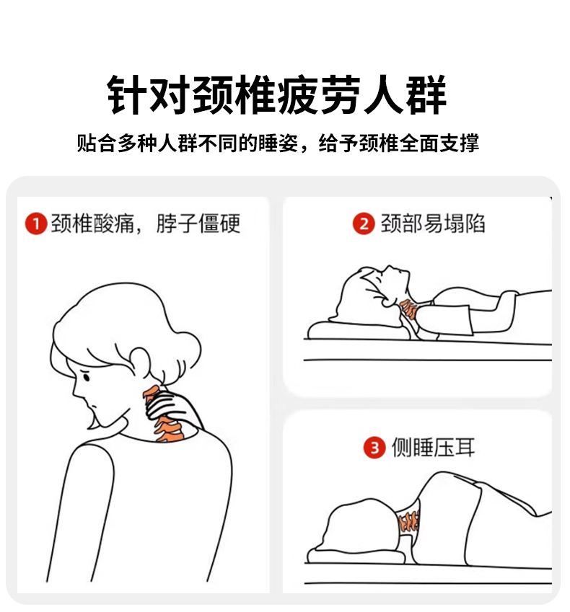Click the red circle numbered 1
(36, 223)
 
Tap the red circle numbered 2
(364, 223)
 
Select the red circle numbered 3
(374, 448)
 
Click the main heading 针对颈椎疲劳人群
(277, 94)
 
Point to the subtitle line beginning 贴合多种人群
(278, 143)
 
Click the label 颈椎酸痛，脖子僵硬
(145, 223)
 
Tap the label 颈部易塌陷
(433, 223)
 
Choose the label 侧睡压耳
(433, 448)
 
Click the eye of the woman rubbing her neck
(87, 377)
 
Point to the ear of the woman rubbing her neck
(140, 362)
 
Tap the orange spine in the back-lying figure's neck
(409, 309)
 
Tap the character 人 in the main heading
(383, 94)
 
